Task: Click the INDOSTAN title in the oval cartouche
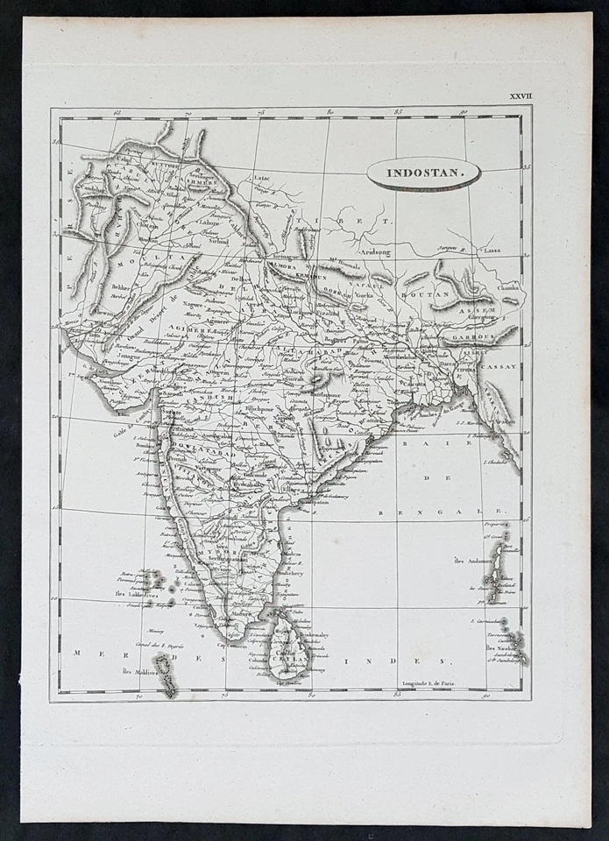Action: click(x=423, y=173)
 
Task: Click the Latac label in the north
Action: click(x=261, y=178)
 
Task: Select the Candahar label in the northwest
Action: click(x=92, y=188)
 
